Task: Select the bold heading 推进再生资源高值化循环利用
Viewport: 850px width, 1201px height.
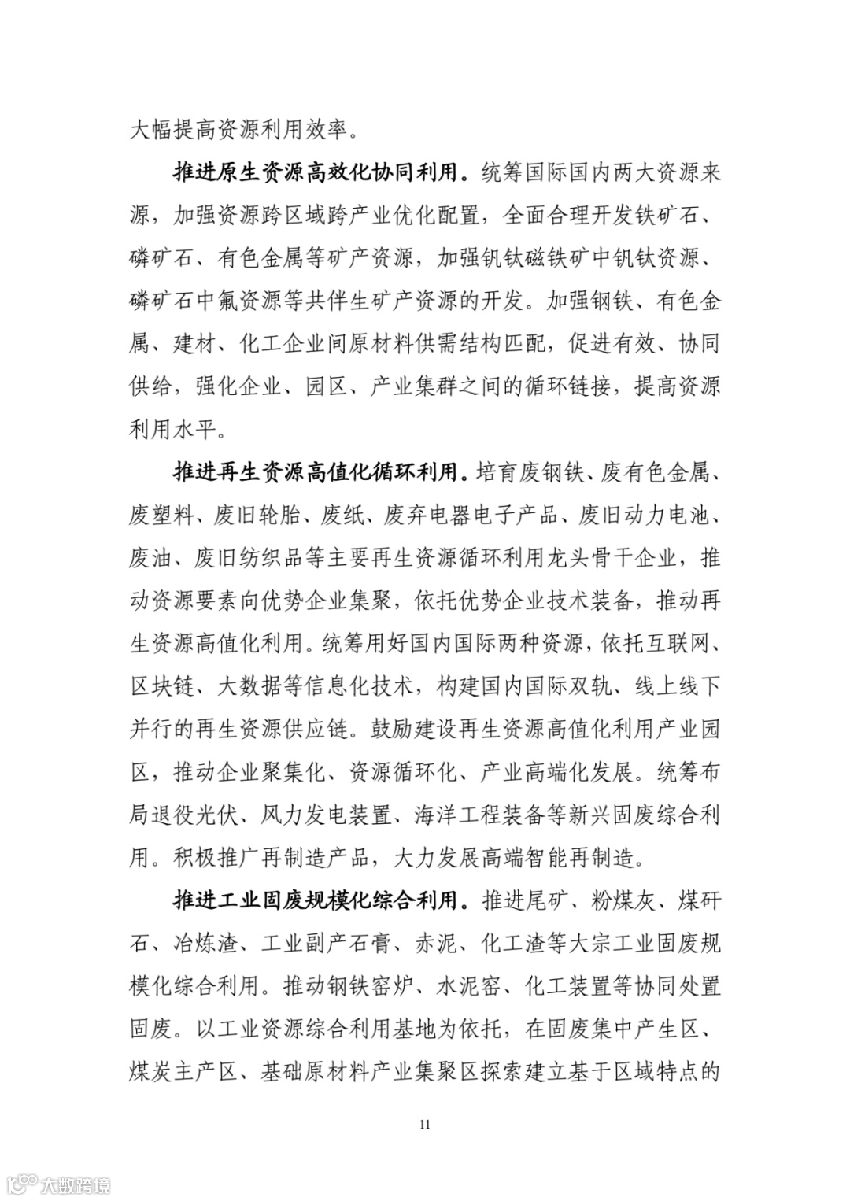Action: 315,473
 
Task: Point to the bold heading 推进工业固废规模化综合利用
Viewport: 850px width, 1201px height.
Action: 315,900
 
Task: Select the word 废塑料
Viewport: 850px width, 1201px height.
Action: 161,516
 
